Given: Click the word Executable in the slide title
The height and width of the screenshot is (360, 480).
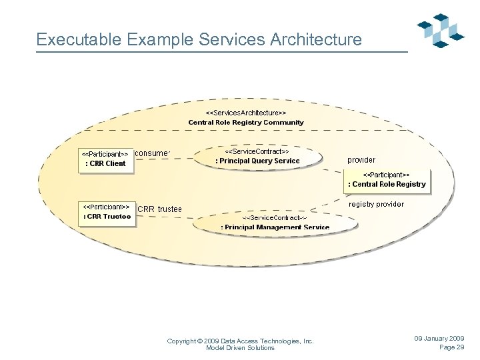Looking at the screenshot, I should tap(76, 39).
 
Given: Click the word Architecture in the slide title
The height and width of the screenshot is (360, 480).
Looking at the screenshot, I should tap(316, 39).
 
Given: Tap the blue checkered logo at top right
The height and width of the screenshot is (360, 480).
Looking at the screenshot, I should tap(441, 29).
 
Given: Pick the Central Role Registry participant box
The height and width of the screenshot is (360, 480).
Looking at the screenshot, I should tap(386, 179).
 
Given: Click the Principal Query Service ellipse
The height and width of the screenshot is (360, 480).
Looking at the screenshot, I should tap(257, 157).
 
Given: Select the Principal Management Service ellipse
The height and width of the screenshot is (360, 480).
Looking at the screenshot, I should tap(275, 223).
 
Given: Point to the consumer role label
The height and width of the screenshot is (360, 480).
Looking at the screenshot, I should tap(153, 153).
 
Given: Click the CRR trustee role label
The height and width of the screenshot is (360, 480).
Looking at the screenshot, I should tap(159, 209).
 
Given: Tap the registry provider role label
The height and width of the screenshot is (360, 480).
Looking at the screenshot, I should tap(376, 204).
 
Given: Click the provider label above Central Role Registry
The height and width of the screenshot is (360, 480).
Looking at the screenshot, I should tap(361, 160).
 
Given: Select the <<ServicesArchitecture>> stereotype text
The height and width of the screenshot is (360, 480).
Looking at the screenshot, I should tap(246, 113).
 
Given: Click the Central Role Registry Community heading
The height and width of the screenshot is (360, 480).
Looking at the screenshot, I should tap(246, 123).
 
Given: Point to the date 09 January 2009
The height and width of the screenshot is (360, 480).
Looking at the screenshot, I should tap(439, 339).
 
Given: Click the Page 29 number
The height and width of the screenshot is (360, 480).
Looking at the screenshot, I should tap(451, 347).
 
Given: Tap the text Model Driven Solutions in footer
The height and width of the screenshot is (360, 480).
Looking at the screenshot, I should tap(240, 347).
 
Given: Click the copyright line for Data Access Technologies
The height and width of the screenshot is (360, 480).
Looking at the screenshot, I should tap(240, 341).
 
